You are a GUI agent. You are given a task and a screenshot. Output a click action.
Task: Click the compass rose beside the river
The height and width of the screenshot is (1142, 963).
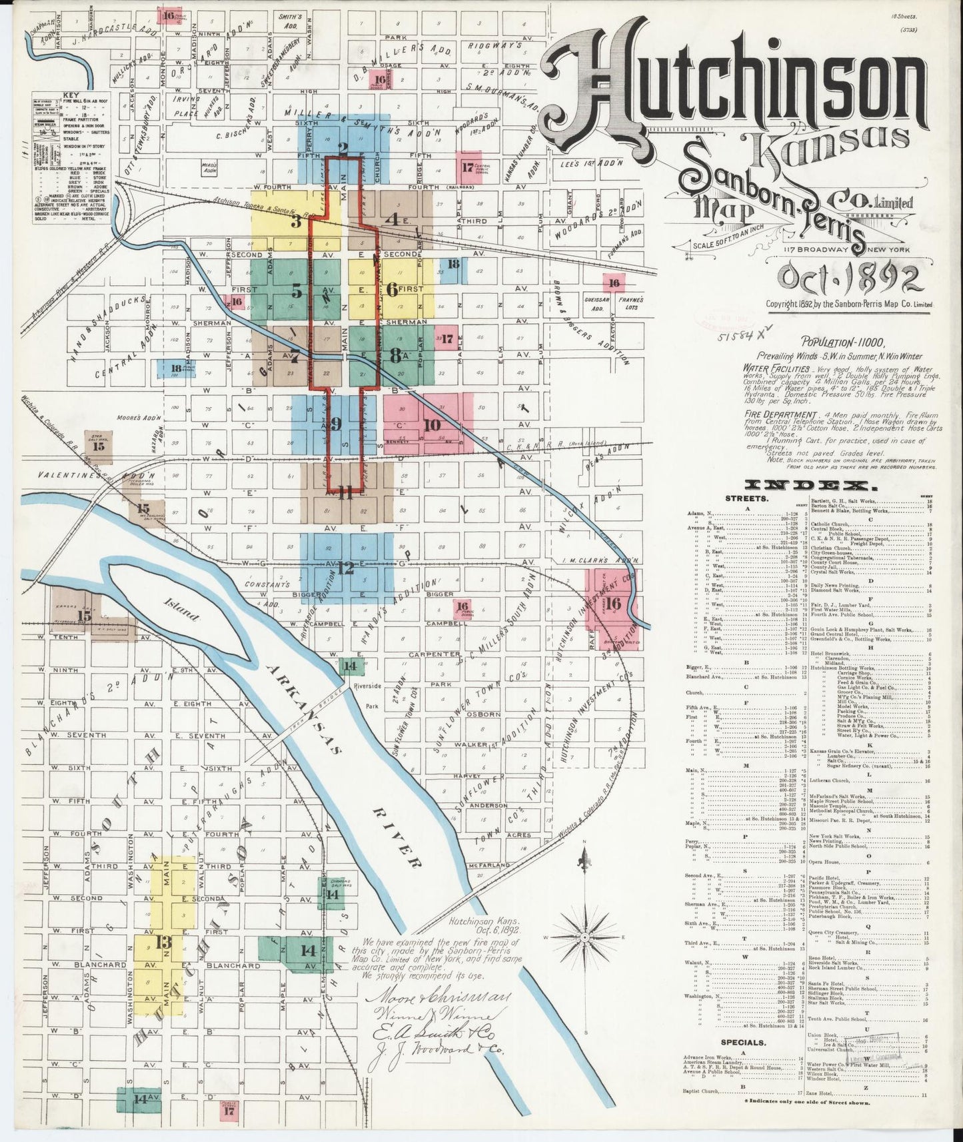tap(586, 936)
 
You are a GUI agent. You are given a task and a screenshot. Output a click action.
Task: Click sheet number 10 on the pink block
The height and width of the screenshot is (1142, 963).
tap(431, 424)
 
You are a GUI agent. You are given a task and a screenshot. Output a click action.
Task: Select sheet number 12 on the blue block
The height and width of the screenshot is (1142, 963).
tap(345, 568)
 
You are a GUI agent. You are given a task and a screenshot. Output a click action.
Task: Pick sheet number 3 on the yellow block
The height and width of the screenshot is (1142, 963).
tap(295, 222)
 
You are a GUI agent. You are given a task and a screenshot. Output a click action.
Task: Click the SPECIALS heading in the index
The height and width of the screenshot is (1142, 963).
tap(746, 1041)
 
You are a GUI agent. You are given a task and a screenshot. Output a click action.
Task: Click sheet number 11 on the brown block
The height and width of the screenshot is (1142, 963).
tap(345, 493)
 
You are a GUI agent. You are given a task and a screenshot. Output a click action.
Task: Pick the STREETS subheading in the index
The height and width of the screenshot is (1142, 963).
tap(746, 498)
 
